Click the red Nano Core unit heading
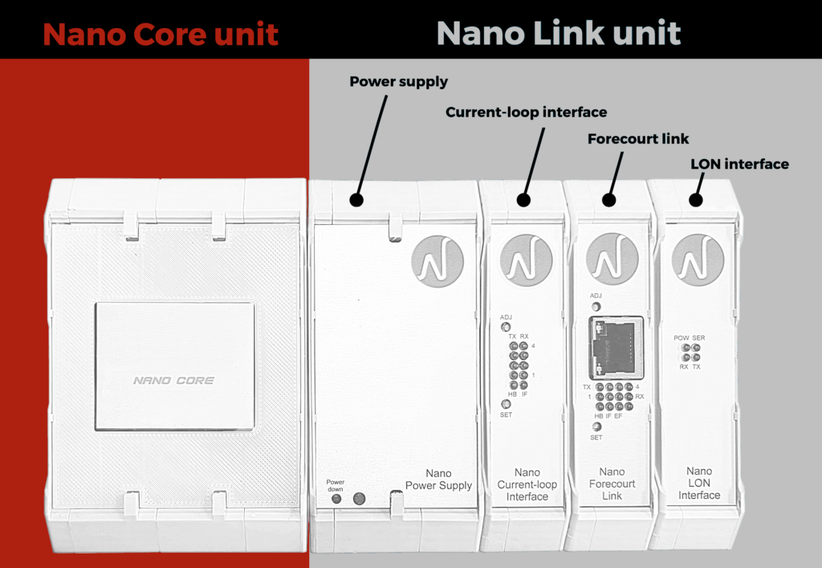(x=161, y=35)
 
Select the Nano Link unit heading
(x=558, y=34)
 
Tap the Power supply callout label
(x=398, y=81)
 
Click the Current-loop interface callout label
(x=526, y=112)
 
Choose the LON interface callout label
(x=739, y=164)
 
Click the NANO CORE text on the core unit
(x=173, y=380)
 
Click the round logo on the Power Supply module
(x=437, y=259)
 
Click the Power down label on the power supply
(x=335, y=485)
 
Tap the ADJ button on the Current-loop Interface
(x=506, y=327)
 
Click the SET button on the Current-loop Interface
(x=506, y=403)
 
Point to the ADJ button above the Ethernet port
(x=596, y=305)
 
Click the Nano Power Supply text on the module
(x=438, y=480)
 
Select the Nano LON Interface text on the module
(x=699, y=483)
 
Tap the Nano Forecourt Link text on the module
(x=612, y=484)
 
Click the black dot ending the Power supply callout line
(x=356, y=199)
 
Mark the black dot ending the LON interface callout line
(x=695, y=200)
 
